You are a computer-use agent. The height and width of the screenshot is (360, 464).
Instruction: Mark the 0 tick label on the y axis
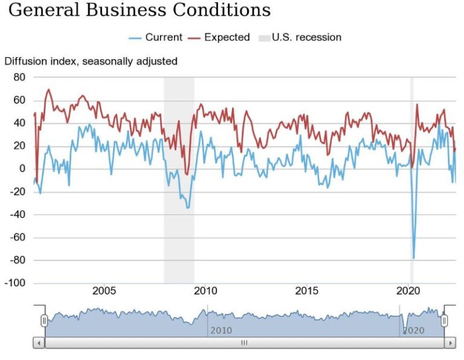(22, 169)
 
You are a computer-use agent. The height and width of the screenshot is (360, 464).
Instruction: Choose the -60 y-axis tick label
(18, 237)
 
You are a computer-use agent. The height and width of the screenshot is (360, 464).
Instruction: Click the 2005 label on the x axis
(104, 291)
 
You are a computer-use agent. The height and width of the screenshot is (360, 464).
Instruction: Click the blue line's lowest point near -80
(414, 258)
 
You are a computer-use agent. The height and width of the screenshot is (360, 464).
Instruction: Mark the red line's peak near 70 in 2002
(48, 90)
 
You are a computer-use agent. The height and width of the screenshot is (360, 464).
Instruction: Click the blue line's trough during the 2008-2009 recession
(188, 208)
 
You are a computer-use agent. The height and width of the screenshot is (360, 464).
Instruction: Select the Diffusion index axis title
(91, 61)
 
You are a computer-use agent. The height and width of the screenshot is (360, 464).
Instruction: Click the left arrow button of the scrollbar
(39, 343)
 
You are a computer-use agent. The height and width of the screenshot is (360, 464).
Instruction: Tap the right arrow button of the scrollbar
(449, 343)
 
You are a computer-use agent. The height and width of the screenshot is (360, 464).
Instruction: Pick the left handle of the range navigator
(44, 321)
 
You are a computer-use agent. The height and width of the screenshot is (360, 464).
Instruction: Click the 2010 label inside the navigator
(221, 331)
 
